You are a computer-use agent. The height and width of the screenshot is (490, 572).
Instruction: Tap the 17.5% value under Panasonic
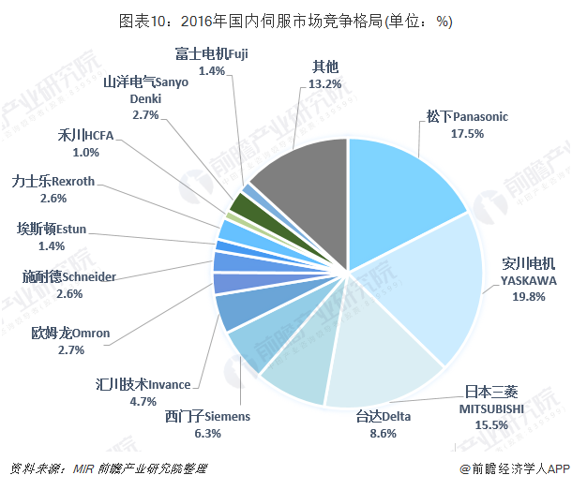pyautogui.click(x=466, y=133)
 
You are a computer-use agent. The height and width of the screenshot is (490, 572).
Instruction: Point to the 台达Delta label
pyautogui.click(x=383, y=417)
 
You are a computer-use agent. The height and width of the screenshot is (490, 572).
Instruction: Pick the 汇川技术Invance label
pyautogui.click(x=143, y=384)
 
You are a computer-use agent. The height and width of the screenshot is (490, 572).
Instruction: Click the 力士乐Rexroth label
pyautogui.click(x=53, y=182)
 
